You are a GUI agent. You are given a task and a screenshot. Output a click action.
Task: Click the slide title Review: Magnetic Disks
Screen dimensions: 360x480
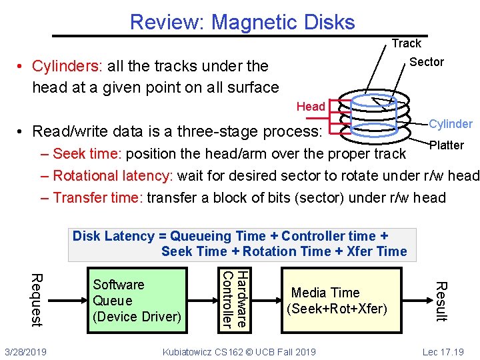(x=242, y=22)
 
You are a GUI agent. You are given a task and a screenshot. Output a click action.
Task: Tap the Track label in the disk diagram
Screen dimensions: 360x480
(x=406, y=43)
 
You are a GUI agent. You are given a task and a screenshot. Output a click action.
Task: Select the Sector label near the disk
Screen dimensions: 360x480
(x=426, y=62)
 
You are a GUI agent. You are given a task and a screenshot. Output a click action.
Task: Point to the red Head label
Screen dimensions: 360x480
(x=311, y=107)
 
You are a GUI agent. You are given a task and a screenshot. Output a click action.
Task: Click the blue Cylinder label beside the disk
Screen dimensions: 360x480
(x=451, y=124)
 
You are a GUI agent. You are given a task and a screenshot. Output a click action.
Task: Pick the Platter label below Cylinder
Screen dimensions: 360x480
(x=446, y=145)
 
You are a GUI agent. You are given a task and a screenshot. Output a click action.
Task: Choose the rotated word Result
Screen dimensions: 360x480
(x=440, y=301)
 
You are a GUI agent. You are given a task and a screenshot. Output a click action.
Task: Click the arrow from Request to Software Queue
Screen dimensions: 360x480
(x=67, y=300)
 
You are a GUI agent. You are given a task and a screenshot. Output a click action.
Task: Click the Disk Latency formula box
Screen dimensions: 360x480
(x=242, y=244)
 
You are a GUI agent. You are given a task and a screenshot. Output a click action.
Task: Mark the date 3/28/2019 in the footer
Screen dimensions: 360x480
(x=25, y=351)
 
